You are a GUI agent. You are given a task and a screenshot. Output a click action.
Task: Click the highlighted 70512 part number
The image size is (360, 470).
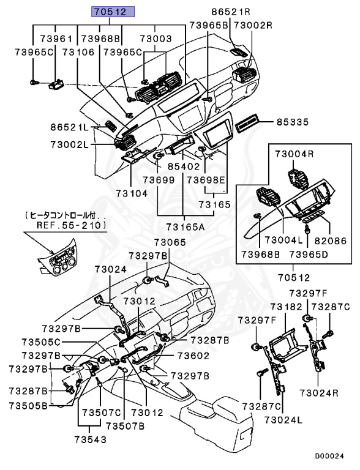pyautogui.click(x=113, y=12)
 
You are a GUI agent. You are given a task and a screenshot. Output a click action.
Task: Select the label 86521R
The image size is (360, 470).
pyautogui.click(x=231, y=12)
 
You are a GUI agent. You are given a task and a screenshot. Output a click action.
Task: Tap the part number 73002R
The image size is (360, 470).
pyautogui.click(x=253, y=25)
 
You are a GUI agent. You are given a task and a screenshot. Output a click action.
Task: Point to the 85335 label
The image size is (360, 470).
pyautogui.click(x=293, y=122)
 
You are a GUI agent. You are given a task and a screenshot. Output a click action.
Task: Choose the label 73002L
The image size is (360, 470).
pyautogui.click(x=70, y=145)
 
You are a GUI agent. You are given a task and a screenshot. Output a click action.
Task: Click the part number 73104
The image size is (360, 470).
pyautogui.click(x=132, y=193)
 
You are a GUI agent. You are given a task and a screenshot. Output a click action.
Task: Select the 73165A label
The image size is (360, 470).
pyautogui.click(x=186, y=226)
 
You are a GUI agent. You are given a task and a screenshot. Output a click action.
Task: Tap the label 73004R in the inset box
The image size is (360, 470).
pyautogui.click(x=294, y=154)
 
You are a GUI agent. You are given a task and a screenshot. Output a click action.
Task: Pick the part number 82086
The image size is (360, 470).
pyautogui.click(x=330, y=241)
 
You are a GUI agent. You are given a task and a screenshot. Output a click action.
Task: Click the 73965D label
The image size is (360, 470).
pyautogui.click(x=309, y=254)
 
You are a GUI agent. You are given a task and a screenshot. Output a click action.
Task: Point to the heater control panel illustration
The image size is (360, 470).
pyautogui.click(x=58, y=260)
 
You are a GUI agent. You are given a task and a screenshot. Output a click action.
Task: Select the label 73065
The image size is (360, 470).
pyautogui.click(x=170, y=242)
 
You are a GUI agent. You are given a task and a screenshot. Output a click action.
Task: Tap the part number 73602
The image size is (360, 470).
pyautogui.click(x=193, y=356)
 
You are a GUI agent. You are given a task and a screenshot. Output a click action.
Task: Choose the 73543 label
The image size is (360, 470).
pyautogui.click(x=90, y=439)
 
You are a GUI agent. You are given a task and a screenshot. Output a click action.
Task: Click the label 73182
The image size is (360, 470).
pyautogui.click(x=286, y=307)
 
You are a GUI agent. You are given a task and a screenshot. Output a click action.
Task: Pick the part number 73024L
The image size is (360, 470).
pyautogui.click(x=283, y=420)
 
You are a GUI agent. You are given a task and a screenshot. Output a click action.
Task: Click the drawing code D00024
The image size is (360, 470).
pyautogui.click(x=329, y=456)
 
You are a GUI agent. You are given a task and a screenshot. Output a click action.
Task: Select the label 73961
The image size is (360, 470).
pyautogui.click(x=56, y=39)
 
